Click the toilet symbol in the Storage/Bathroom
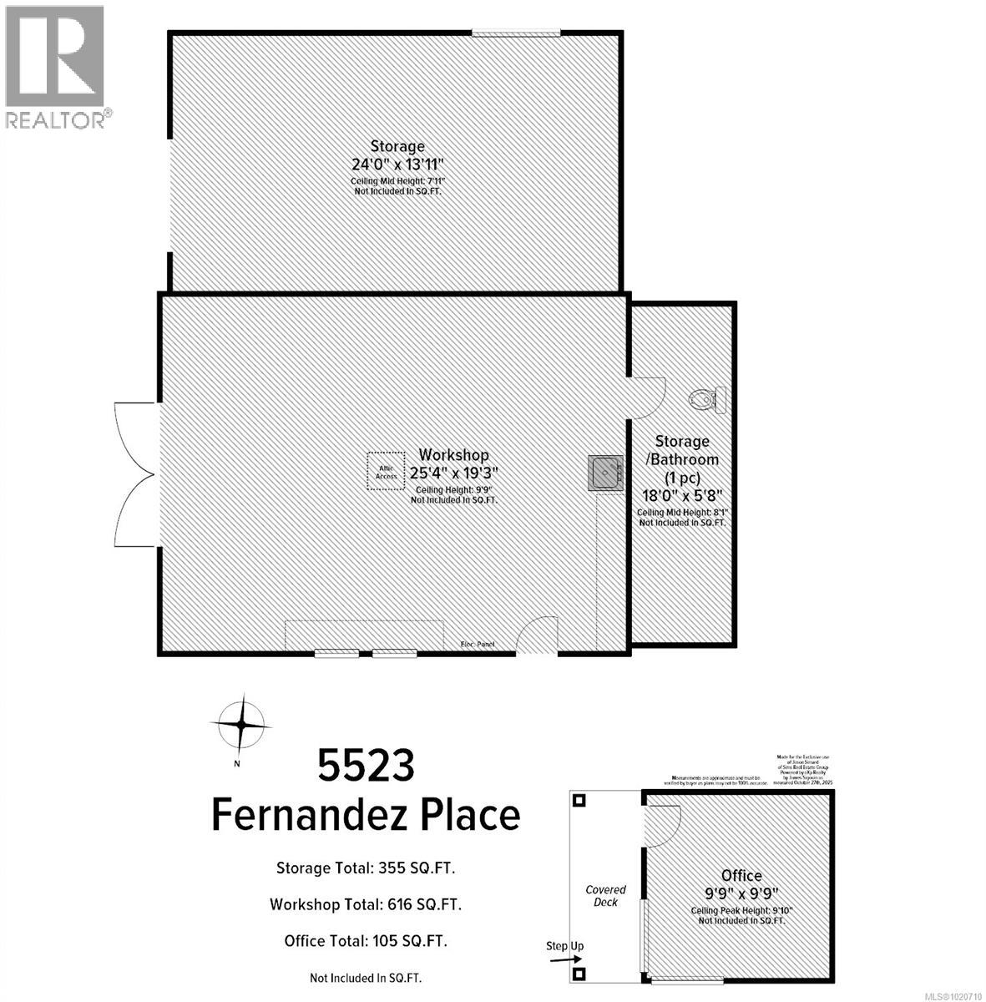[708, 400]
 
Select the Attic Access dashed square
[386, 471]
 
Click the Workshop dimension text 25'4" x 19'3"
[453, 473]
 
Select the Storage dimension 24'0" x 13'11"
[397, 164]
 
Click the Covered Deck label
[605, 896]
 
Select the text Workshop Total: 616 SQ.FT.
[365, 904]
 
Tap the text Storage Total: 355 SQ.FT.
[365, 868]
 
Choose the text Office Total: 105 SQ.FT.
[365, 941]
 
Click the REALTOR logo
[55, 67]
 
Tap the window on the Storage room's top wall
[515, 33]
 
